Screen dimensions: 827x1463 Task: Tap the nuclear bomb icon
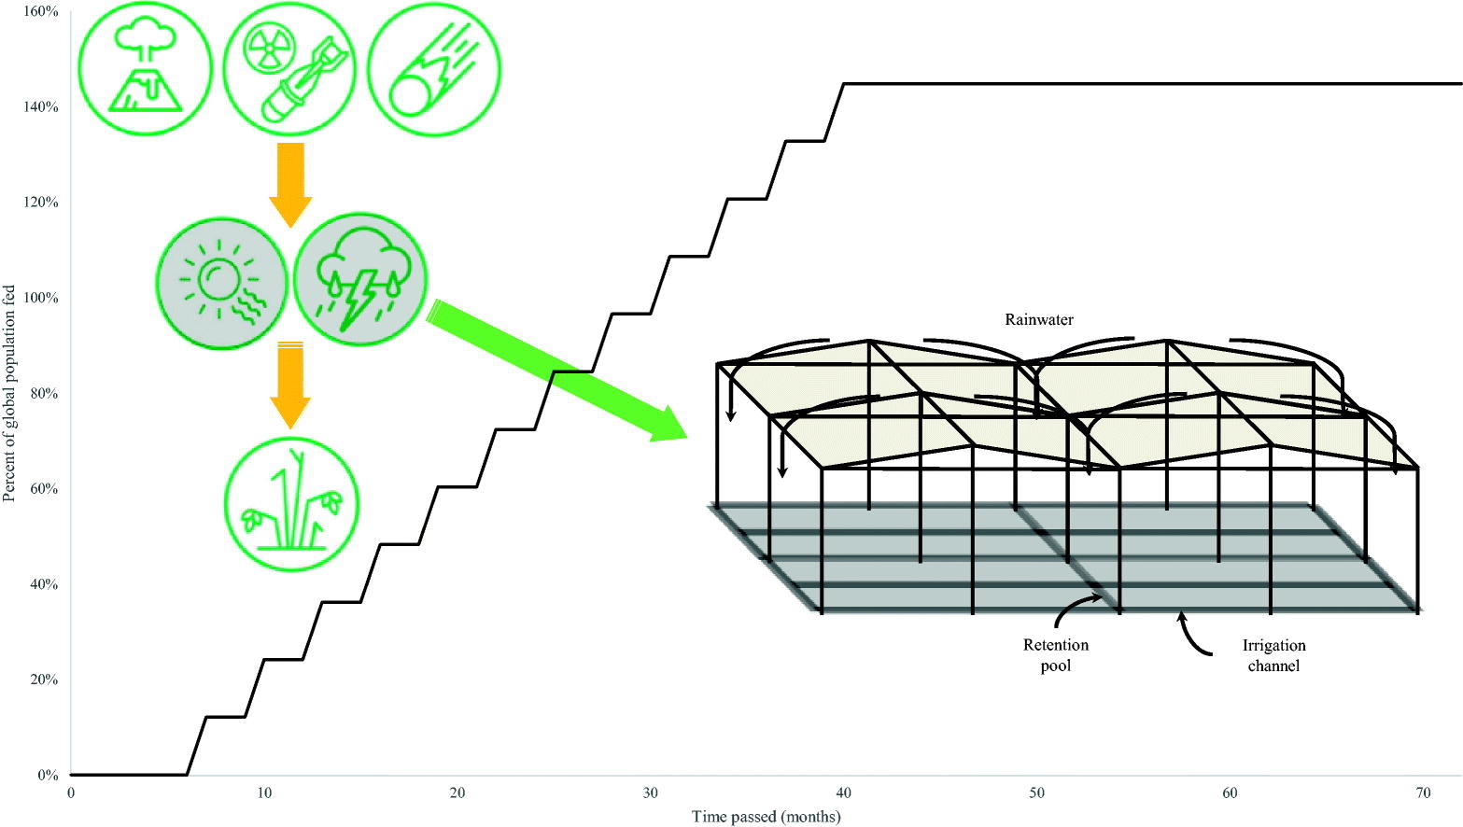(290, 68)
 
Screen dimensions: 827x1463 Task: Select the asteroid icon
(434, 68)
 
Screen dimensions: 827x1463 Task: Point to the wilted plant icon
(291, 504)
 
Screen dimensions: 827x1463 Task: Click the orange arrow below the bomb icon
(290, 185)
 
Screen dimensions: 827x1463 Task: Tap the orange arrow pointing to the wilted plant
(290, 385)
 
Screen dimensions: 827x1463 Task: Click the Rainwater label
(1039, 319)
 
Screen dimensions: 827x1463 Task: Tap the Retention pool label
(1056, 655)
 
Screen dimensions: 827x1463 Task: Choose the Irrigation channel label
(1273, 655)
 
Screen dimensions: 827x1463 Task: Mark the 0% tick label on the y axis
(47, 775)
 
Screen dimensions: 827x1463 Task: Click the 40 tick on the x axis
(844, 793)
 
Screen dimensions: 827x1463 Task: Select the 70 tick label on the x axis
(1423, 793)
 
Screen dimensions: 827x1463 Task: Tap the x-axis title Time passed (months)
(766, 817)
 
